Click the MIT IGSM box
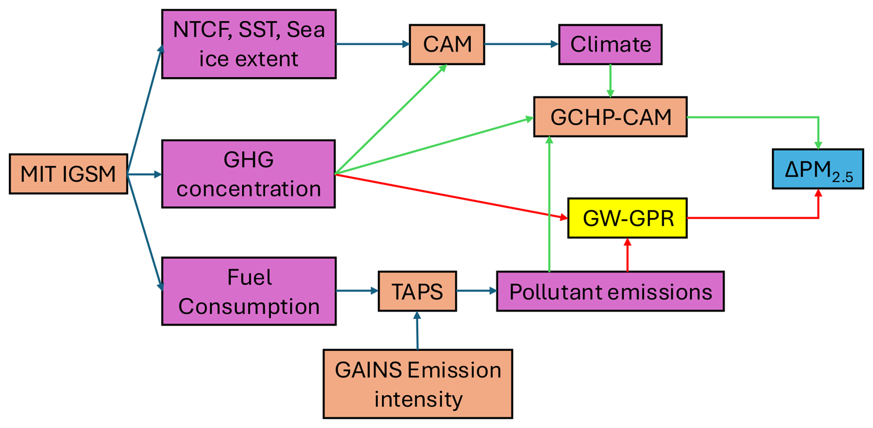[68, 174]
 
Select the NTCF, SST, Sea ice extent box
[249, 44]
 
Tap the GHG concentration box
[248, 174]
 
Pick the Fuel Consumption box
[249, 291]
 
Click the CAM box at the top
[447, 44]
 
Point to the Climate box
[610, 44]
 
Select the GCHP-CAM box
[610, 117]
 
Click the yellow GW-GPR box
[627, 218]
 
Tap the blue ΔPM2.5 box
[818, 169]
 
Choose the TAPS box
[417, 291]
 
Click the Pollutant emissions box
[610, 291]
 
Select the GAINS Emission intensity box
[418, 384]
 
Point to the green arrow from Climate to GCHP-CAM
[610, 81]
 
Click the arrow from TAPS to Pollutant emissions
[476, 291]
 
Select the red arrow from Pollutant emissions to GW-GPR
[627, 255]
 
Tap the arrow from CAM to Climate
[521, 44]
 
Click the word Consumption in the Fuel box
[249, 307]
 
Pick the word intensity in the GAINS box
[418, 399]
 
